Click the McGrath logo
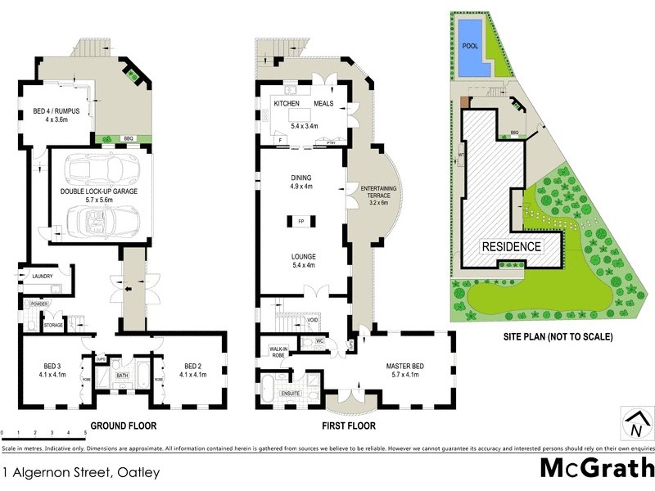pyautogui.click(x=596, y=468)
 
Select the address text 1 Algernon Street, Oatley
pyautogui.click(x=79, y=472)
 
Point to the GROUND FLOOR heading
pyautogui.click(x=123, y=426)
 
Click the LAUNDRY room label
pyautogui.click(x=43, y=277)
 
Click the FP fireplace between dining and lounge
pyautogui.click(x=300, y=220)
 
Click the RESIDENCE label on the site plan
pyautogui.click(x=511, y=246)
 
